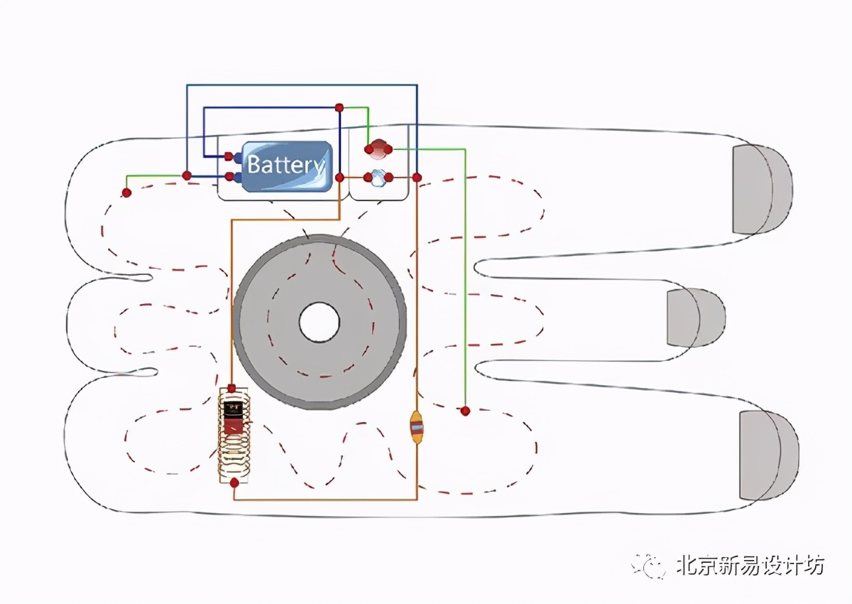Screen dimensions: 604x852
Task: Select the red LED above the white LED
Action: click(378, 149)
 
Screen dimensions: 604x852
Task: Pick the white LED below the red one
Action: click(378, 177)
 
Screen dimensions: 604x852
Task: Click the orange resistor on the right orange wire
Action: click(417, 427)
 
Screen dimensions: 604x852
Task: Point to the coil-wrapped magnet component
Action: click(233, 433)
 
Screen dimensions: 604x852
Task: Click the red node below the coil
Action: click(234, 482)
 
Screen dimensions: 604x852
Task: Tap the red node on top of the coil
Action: click(232, 388)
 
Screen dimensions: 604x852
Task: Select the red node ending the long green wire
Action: click(465, 411)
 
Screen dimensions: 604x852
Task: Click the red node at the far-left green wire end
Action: click(126, 193)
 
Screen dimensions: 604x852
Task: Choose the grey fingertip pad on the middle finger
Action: click(694, 318)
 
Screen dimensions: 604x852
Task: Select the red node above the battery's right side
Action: click(339, 107)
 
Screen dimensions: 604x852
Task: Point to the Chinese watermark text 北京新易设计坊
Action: click(749, 566)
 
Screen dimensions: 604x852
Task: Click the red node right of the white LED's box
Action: click(417, 177)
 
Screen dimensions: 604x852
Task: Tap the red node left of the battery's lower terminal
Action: click(186, 175)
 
